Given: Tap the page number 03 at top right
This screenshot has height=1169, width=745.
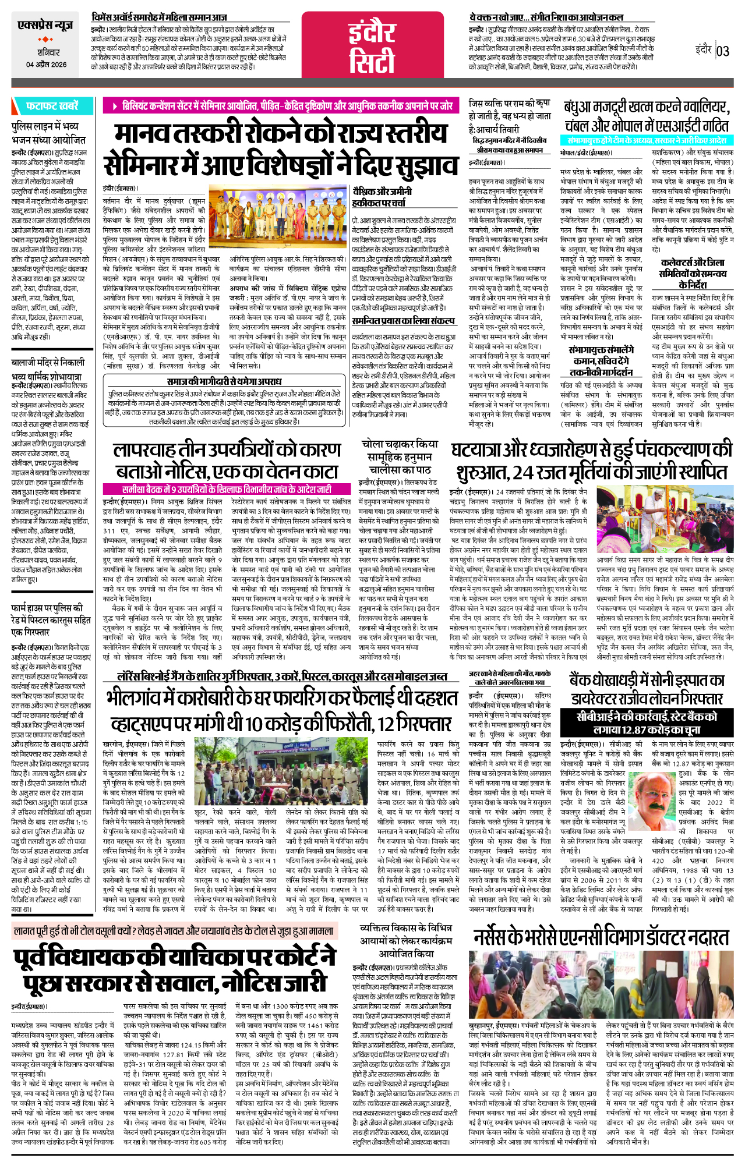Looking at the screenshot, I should (722, 51).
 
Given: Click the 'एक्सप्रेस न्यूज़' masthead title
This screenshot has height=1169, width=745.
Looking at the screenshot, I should (45, 26).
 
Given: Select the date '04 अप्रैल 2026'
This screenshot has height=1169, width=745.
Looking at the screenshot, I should (46, 65).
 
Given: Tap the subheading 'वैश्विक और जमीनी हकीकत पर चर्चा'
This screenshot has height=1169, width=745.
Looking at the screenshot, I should (382, 197).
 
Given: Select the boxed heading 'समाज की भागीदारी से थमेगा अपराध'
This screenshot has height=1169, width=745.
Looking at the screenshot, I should (224, 381).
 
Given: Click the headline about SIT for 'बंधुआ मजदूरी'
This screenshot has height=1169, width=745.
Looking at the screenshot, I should (646, 116).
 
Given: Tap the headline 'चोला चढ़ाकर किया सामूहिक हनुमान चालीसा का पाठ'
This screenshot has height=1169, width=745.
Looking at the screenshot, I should (399, 456).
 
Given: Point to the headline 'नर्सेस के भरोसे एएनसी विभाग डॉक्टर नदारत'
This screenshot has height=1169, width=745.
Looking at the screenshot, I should (601, 938).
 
